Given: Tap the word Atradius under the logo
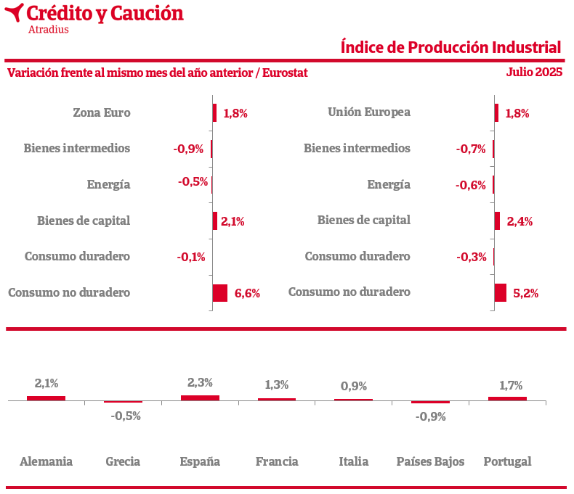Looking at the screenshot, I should [48, 30].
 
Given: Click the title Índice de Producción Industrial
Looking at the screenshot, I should [450, 47].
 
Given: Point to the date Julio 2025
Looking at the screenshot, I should [534, 73].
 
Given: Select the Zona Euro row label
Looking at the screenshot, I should [102, 112].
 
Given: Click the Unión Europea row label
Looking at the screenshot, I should [369, 112].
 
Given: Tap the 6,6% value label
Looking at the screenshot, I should [247, 293].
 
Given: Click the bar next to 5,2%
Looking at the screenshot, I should [500, 292].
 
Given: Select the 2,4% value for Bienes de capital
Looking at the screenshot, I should [520, 221].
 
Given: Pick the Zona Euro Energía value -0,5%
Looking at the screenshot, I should [193, 181].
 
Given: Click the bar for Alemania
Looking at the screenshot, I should [46, 398].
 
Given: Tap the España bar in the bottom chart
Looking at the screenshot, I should [200, 398].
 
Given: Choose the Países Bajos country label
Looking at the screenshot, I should [430, 461].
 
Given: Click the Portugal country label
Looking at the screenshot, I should [507, 461].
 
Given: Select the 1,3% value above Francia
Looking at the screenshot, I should [277, 384].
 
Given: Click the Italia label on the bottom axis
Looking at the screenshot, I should [354, 461].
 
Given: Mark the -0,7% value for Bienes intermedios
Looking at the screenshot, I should [471, 149].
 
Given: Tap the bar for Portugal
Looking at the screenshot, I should [507, 398].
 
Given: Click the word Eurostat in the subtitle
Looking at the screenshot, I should [286, 73].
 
